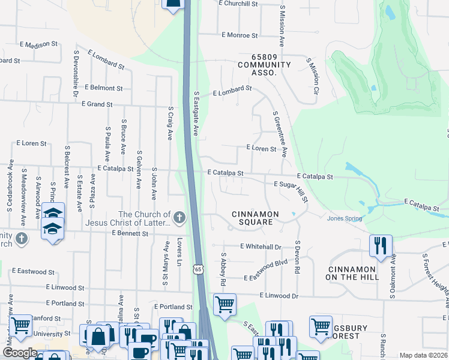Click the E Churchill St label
click(238, 4)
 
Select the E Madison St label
click(38, 44)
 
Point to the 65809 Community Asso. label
click(264, 68)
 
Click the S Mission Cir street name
click(310, 76)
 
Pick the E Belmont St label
click(103, 88)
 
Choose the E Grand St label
click(97, 104)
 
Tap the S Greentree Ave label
click(280, 134)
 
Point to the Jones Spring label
click(345, 218)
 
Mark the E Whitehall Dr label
click(261, 247)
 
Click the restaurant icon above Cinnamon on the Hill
click(381, 245)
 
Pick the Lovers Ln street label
click(179, 253)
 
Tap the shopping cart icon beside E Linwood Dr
click(224, 304)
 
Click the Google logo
click(20, 353)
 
